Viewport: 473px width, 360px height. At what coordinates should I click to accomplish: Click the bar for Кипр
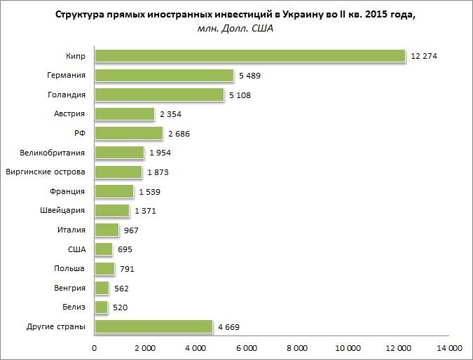click(x=250, y=56)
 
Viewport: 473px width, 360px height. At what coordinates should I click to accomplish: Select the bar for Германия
click(x=164, y=76)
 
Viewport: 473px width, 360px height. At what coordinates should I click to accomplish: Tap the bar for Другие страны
click(x=153, y=326)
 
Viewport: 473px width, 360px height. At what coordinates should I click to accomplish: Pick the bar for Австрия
click(x=124, y=114)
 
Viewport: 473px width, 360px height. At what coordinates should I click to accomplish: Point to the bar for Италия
click(x=107, y=230)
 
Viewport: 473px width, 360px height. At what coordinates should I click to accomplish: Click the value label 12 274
click(x=425, y=56)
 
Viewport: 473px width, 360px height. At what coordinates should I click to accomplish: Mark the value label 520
click(x=121, y=307)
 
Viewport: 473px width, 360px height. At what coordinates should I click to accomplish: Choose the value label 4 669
click(x=229, y=326)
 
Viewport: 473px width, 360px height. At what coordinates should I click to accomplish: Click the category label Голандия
click(x=69, y=95)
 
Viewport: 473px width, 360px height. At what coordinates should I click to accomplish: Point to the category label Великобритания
click(x=54, y=153)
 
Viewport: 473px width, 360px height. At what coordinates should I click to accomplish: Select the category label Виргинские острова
click(x=46, y=172)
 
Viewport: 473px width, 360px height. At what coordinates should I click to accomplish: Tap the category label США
click(x=76, y=249)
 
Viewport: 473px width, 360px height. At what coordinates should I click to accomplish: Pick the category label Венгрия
click(x=69, y=288)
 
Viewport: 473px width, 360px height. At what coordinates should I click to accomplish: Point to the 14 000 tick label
click(x=449, y=347)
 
